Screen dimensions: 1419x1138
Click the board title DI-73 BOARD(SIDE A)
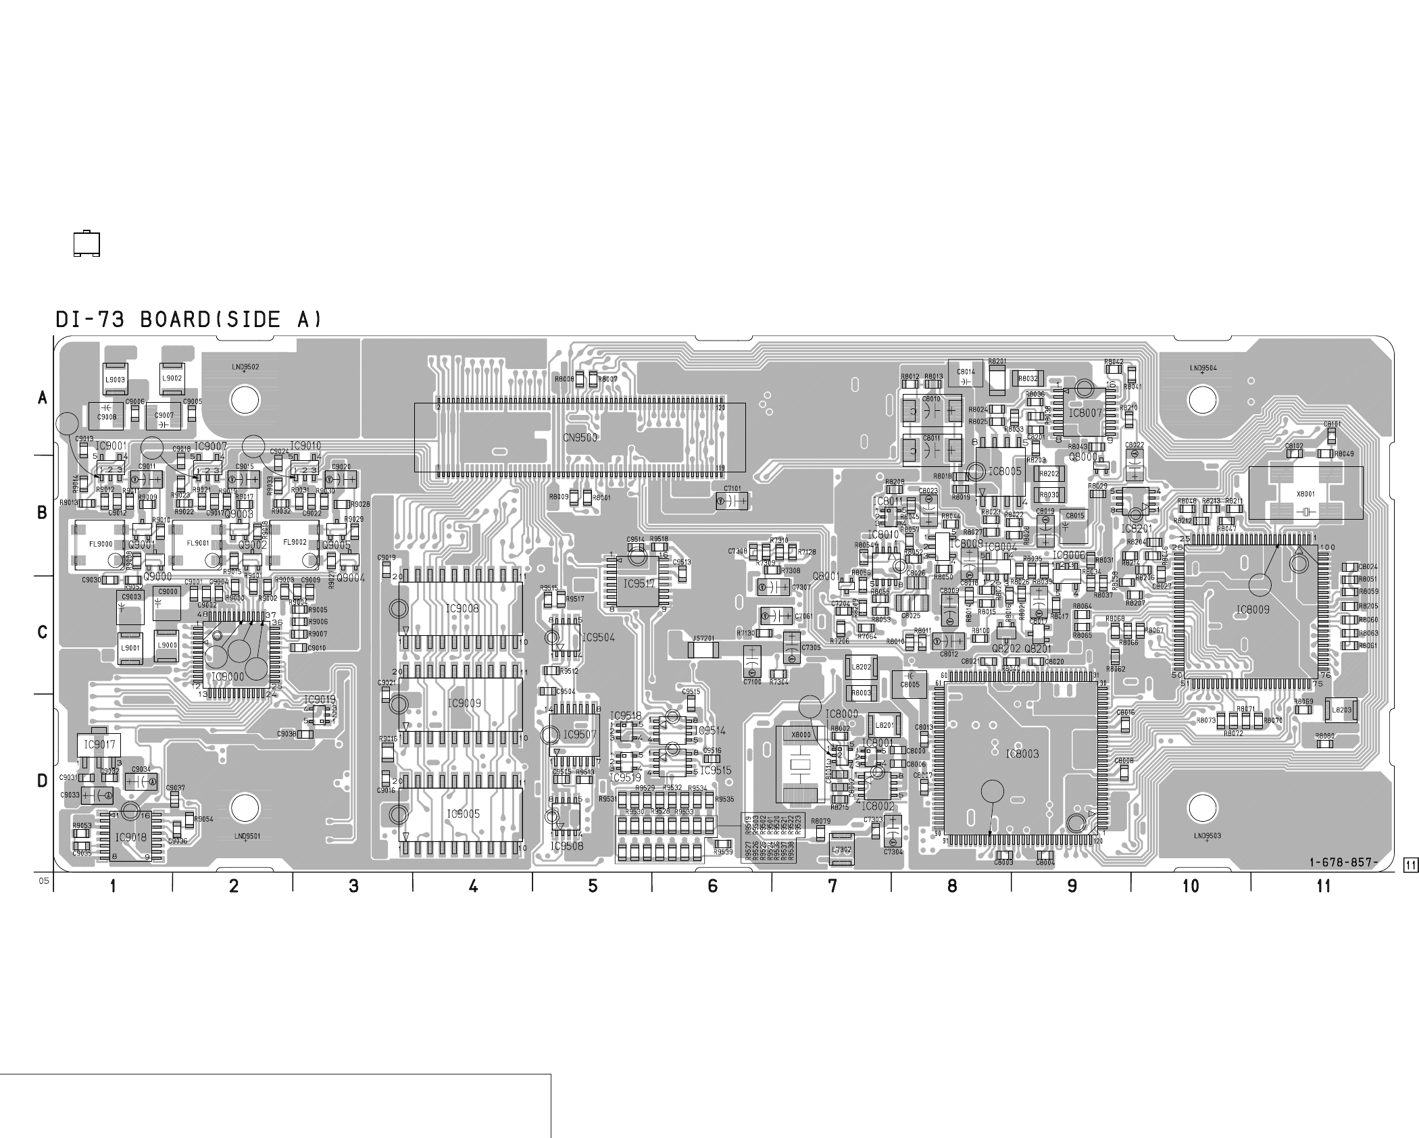pyautogui.click(x=189, y=320)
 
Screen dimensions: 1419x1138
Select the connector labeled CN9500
pyautogui.click(x=580, y=437)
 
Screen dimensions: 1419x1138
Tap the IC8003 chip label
pyautogui.click(x=1022, y=753)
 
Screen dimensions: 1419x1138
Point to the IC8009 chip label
pyautogui.click(x=1252, y=610)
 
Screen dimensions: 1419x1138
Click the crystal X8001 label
pyautogui.click(x=1305, y=494)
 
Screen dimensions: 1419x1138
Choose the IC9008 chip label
pyautogui.click(x=462, y=609)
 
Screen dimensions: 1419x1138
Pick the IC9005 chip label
pyautogui.click(x=463, y=814)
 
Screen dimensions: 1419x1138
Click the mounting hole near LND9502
pyautogui.click(x=245, y=400)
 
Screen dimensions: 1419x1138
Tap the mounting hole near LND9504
pyautogui.click(x=1202, y=400)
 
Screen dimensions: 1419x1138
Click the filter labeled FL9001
pyautogui.click(x=197, y=543)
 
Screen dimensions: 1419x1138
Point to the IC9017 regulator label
pyautogui.click(x=99, y=745)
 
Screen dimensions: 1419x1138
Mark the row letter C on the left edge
pyautogui.click(x=43, y=633)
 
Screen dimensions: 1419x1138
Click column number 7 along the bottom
pyautogui.click(x=832, y=885)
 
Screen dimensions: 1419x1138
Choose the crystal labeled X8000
pyautogui.click(x=801, y=735)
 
